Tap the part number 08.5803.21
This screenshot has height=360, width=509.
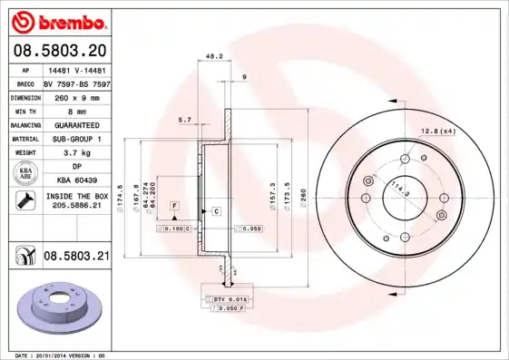tap(76, 257)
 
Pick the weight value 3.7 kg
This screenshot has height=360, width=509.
tap(76, 152)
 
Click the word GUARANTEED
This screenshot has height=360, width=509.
tap(76, 124)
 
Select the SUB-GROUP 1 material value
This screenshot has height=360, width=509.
tap(76, 139)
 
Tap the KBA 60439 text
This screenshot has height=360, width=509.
tap(76, 180)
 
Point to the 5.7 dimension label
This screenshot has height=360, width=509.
tap(185, 120)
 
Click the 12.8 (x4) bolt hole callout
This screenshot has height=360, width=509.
tap(437, 132)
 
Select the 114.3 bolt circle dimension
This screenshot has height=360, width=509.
tap(396, 191)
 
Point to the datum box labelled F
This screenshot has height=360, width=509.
tap(172, 207)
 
